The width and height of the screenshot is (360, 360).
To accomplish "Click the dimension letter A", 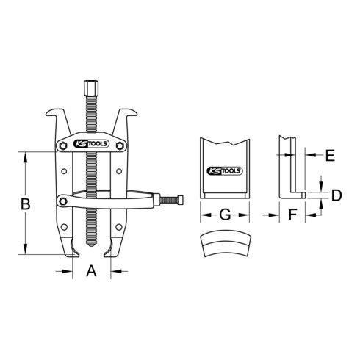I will coord(92,272).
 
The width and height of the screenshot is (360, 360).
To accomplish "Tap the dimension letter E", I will coord(329,155).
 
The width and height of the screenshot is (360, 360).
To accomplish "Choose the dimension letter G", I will coord(226,216).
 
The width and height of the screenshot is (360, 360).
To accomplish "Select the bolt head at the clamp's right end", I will coord(179,200).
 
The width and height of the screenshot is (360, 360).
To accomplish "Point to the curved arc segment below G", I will coord(226,246).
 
